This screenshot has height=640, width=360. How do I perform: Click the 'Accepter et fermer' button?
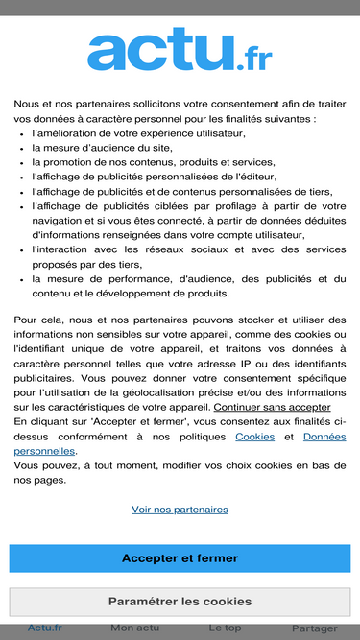(x=180, y=558)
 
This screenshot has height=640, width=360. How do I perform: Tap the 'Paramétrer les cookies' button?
(x=180, y=602)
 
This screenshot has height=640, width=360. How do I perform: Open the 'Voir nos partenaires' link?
(x=180, y=510)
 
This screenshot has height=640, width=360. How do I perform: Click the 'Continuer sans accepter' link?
(x=272, y=407)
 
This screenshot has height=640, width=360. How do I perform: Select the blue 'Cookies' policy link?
(x=254, y=437)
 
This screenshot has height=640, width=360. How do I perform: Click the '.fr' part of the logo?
(x=253, y=59)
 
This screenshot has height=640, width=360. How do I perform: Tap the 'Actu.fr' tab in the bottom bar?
(x=44, y=628)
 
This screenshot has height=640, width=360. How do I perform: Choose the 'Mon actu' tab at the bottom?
(x=135, y=628)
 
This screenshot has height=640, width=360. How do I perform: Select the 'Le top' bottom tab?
(x=225, y=628)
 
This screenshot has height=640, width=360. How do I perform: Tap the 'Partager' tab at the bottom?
(x=314, y=628)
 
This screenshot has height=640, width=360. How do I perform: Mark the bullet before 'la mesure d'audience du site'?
(x=22, y=148)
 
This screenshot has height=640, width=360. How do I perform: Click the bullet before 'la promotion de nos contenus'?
(x=22, y=162)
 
